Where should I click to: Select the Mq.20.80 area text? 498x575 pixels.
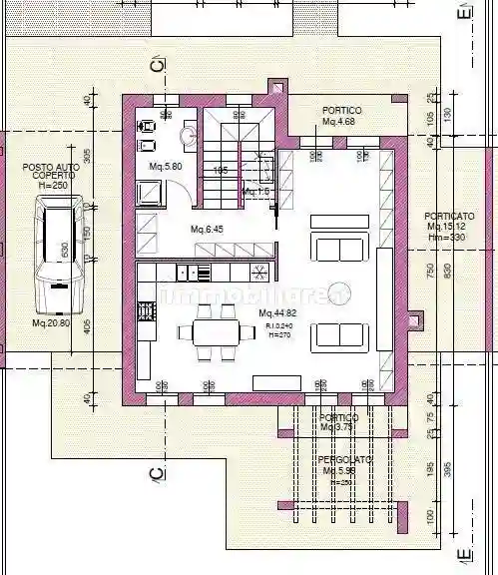coord(51,322)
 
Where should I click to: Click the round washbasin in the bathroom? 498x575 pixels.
coord(189,135)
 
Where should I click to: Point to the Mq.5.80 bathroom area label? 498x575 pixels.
coord(165,166)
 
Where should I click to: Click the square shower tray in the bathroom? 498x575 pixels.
coord(149,192)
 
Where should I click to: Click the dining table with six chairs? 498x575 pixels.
coord(211,328)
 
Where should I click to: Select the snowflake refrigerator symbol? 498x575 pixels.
coord(258,272)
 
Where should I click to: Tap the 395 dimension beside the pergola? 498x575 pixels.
coord(449,468)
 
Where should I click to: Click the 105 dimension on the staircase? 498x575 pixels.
coord(222,171)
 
